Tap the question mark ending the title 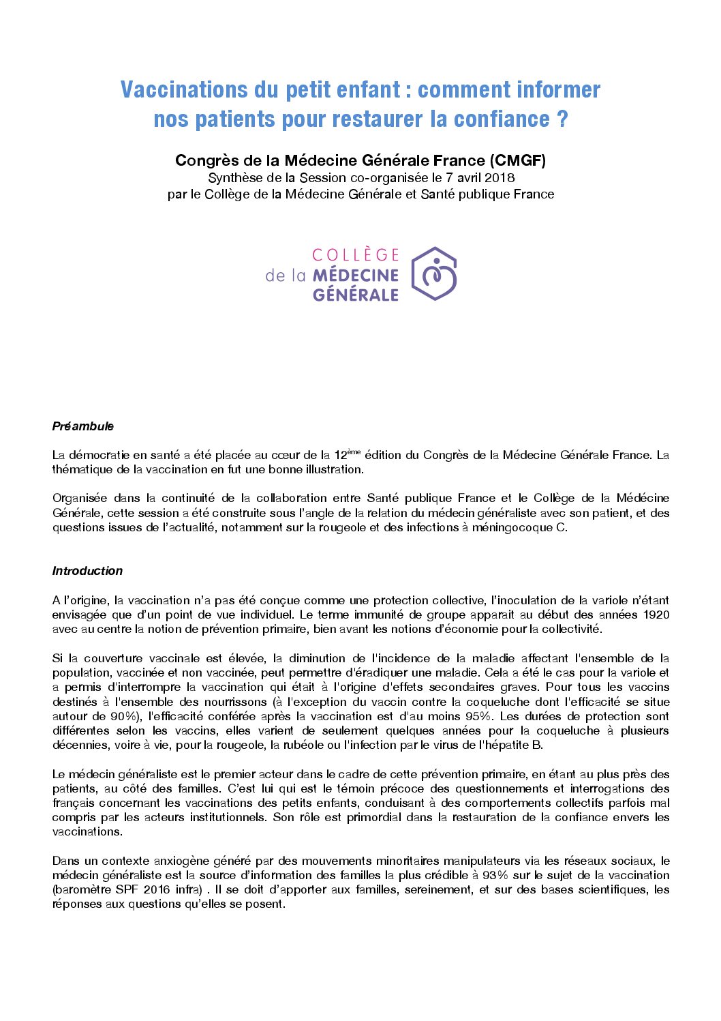[x=562, y=119]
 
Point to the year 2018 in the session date [x=500, y=178]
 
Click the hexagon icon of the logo [x=434, y=274]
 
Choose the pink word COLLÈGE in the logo [x=355, y=255]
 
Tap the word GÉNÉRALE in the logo [x=355, y=295]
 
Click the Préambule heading [x=83, y=426]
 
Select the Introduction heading [x=87, y=571]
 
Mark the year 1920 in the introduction [x=655, y=615]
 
